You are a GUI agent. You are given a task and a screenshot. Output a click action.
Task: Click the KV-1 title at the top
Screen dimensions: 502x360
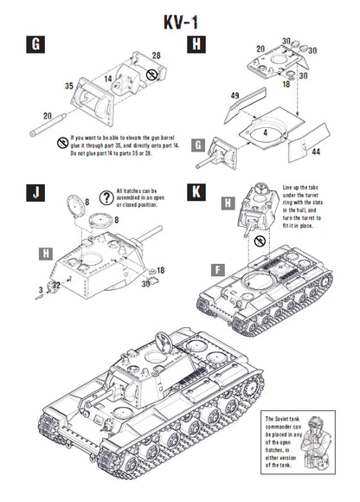pos(179,18)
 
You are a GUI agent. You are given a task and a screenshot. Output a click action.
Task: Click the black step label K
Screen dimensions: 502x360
pos(197,192)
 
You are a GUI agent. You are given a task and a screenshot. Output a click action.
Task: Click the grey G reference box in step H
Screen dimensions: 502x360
pos(198,145)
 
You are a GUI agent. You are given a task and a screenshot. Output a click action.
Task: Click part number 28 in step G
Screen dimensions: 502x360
pos(156,55)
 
